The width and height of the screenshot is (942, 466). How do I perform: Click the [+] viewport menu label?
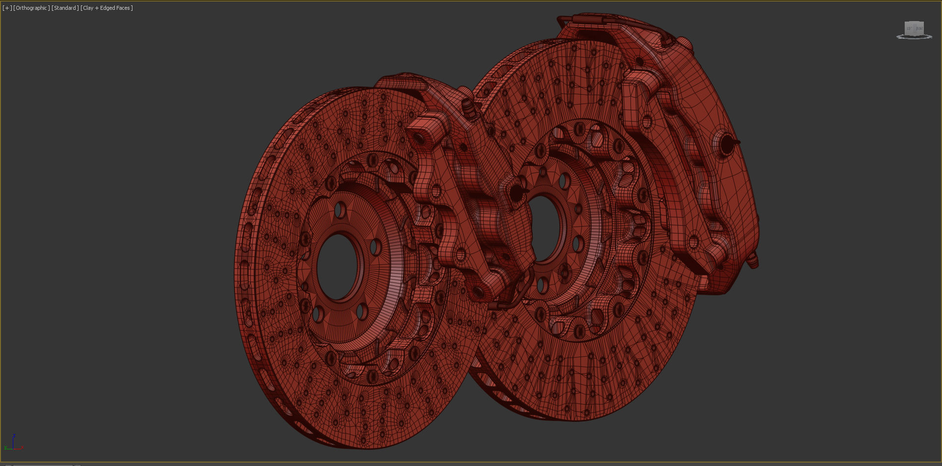[7, 8]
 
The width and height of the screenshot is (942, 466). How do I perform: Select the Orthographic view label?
[31, 8]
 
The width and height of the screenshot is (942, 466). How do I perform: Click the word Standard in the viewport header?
[65, 8]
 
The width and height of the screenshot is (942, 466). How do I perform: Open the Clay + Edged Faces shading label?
[107, 8]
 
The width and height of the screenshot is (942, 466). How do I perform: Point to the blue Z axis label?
[14, 436]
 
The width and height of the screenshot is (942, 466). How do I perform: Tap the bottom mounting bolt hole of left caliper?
[460, 255]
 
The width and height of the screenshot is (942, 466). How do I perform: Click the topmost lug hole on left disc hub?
[340, 211]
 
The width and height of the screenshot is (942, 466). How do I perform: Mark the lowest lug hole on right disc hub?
[543, 285]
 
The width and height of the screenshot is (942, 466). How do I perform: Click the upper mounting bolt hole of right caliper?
[646, 122]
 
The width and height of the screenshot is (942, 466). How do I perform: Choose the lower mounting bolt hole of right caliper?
[693, 242]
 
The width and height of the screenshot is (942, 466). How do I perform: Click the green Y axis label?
[5, 447]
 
